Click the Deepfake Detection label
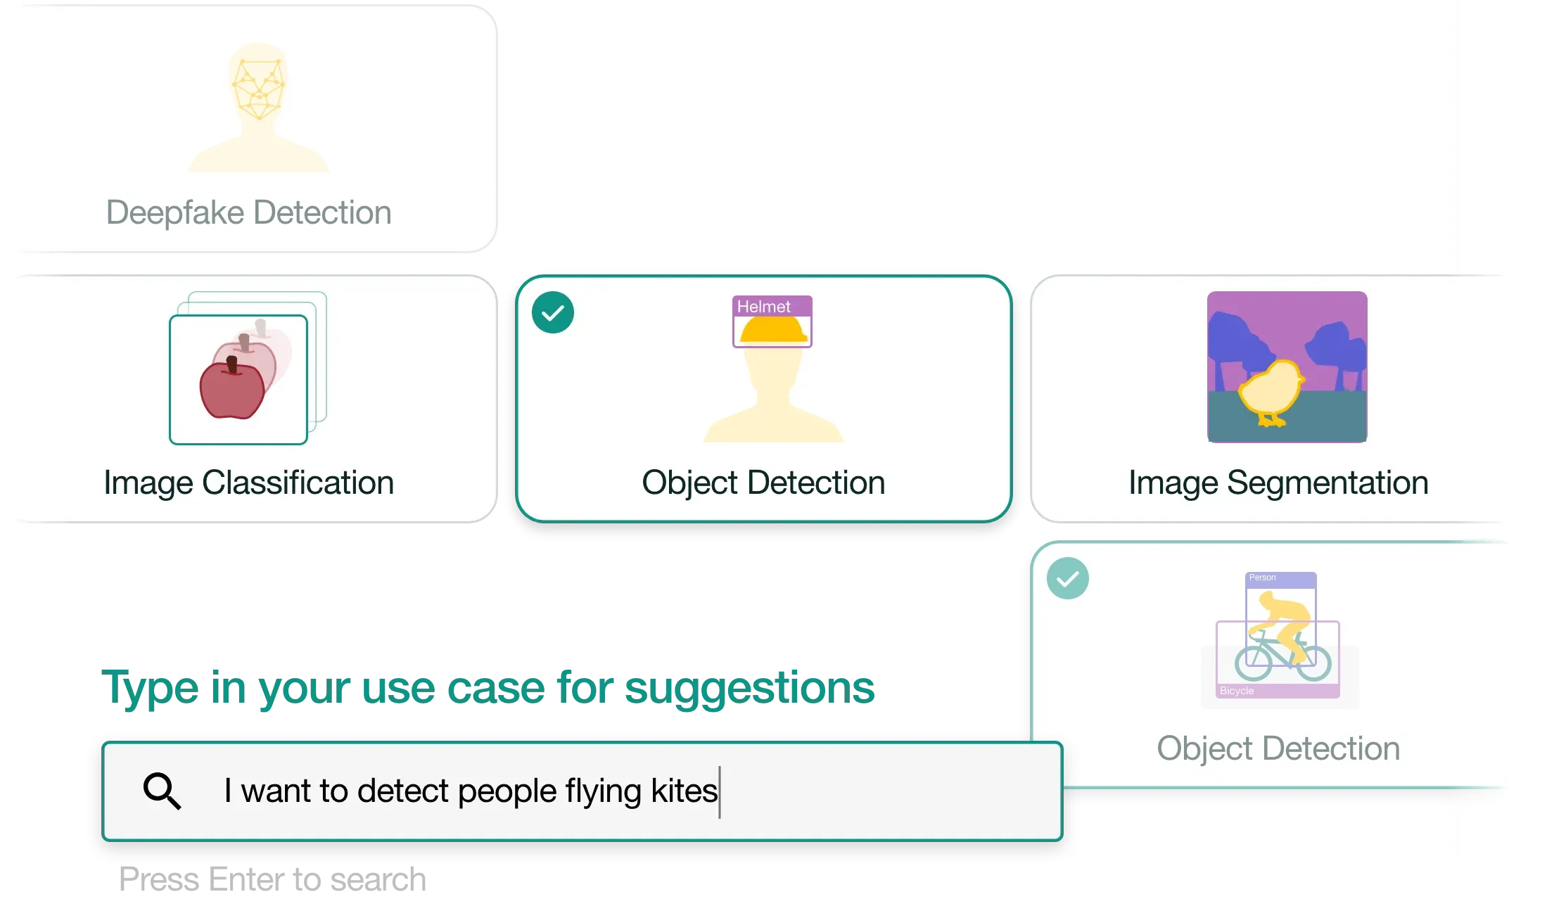tap(248, 212)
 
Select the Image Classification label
tap(248, 483)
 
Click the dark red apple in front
tap(231, 390)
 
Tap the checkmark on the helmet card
tap(553, 312)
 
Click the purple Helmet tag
tap(764, 307)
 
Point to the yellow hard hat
tap(772, 330)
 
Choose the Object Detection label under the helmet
tap(763, 483)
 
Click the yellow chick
tap(1270, 391)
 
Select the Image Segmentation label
tap(1278, 483)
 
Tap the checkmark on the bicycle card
tap(1068, 578)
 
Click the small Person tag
tap(1263, 578)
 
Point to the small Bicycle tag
tap(1237, 691)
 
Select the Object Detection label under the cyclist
tap(1278, 748)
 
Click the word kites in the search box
tap(684, 791)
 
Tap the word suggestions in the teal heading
tap(751, 688)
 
